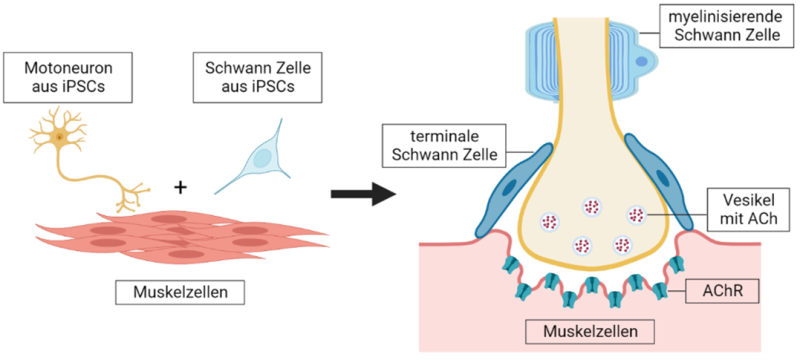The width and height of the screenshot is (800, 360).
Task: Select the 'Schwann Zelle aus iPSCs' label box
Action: coord(258,78)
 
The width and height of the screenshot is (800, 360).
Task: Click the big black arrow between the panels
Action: coord(363,194)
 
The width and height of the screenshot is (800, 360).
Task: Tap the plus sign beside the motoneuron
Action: coord(180,188)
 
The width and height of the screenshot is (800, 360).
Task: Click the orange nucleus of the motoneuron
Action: coord(60,137)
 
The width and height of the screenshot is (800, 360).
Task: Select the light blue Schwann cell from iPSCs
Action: coord(259,157)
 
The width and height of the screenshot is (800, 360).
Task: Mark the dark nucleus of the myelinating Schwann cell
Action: coord(642,62)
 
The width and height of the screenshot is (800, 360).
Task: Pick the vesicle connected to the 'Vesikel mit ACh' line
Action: coord(636,214)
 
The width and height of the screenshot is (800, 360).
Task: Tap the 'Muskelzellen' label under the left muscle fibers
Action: coord(180,292)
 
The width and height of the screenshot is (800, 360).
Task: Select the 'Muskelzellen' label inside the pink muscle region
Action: coord(590,331)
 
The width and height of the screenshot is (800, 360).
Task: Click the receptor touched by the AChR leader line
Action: coord(659,291)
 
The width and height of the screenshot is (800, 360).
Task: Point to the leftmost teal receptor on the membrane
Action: coord(522,291)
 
